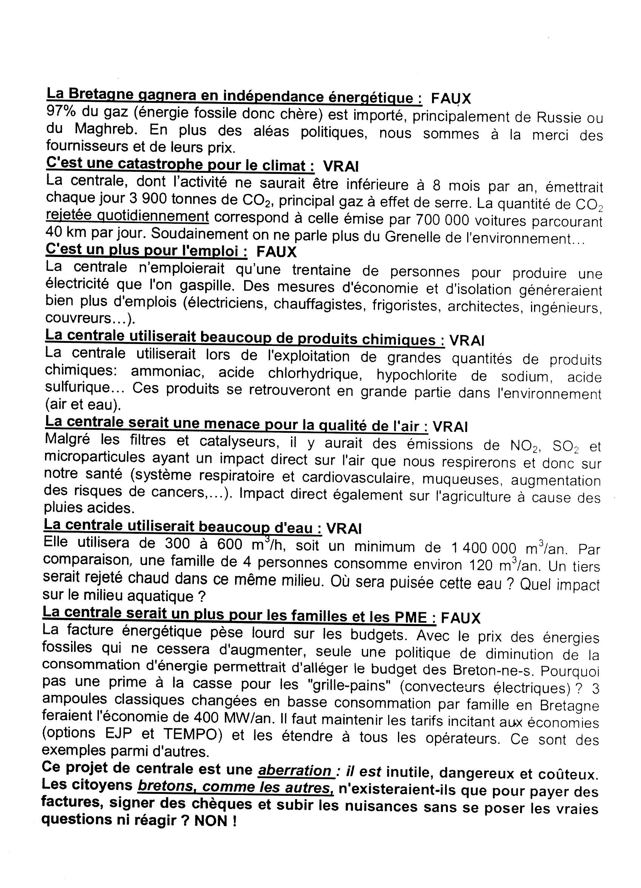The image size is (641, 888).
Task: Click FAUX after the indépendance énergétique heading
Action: click(451, 98)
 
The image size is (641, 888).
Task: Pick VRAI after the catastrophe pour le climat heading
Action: click(341, 167)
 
